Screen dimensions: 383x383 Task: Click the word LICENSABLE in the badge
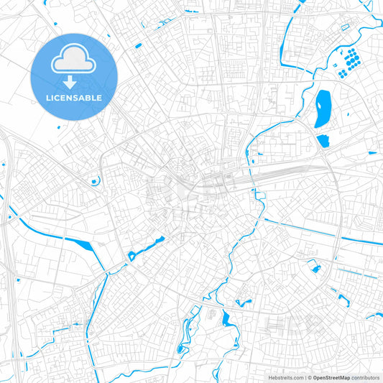click(73, 98)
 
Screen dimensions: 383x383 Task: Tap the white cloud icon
click(73, 61)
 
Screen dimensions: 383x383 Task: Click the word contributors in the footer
click(366, 377)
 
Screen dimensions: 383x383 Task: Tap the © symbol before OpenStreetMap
click(308, 377)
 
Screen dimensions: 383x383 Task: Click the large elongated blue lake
click(322, 108)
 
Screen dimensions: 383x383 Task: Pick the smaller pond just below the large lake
click(323, 140)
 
